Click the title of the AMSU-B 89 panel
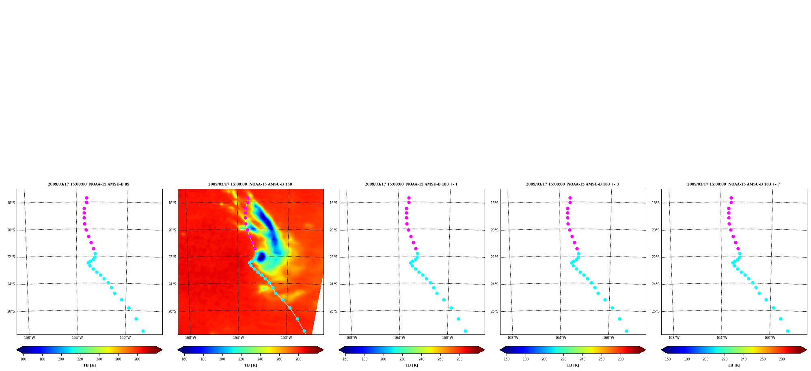tap(88, 184)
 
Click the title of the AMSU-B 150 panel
tap(250, 184)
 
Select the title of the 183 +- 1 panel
tap(411, 184)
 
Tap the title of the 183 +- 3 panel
tap(572, 184)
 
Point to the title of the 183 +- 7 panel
tap(733, 184)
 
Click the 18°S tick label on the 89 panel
tap(11, 203)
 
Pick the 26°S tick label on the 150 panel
tap(172, 311)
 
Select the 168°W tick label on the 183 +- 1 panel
tap(352, 338)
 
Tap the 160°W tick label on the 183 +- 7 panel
tap(770, 338)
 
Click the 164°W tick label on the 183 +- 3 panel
tap(561, 338)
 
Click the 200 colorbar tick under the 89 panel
tap(61, 359)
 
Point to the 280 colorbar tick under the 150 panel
tap(298, 359)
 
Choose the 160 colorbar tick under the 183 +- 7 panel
tap(668, 359)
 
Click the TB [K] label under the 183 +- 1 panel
tap(412, 365)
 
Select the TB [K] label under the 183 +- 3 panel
tap(573, 365)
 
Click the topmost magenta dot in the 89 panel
tap(86, 198)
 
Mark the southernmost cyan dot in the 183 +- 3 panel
tap(626, 331)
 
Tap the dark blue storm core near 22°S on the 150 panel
tap(261, 257)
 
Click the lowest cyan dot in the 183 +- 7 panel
tap(787, 331)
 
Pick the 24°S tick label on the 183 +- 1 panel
tap(333, 284)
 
